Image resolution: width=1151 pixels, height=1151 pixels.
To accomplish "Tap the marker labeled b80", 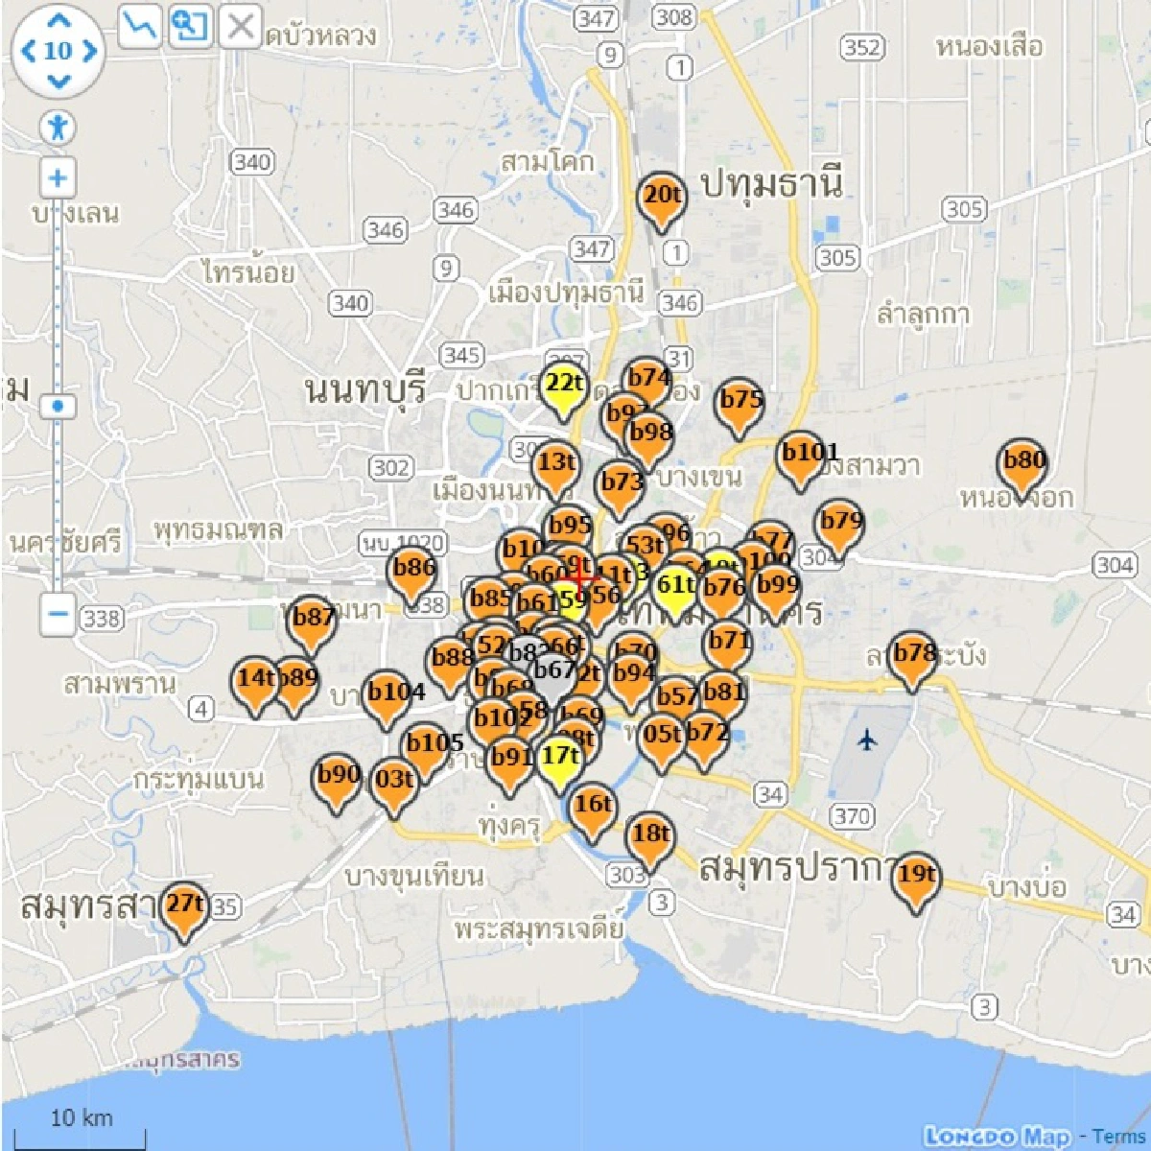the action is [x=1023, y=464].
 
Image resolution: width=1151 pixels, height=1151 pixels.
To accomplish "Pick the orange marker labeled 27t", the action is [x=183, y=907].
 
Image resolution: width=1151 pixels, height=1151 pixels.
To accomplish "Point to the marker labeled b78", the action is [x=912, y=658].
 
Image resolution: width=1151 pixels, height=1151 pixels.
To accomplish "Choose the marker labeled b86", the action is [x=413, y=572].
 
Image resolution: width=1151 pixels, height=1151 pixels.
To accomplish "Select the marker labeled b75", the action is [x=740, y=404].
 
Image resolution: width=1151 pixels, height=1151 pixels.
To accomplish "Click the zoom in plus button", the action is [x=59, y=178].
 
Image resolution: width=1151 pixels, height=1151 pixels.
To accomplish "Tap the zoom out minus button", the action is [x=59, y=612].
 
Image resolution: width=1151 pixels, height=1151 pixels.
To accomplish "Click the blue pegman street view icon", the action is [x=59, y=128].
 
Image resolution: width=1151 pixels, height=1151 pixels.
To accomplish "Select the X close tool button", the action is [x=240, y=27].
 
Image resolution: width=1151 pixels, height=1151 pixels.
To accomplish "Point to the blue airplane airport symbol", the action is [x=867, y=740].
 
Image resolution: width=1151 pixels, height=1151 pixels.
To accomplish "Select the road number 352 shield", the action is [x=860, y=47].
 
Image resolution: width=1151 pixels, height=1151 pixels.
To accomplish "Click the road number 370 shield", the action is [x=851, y=816].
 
